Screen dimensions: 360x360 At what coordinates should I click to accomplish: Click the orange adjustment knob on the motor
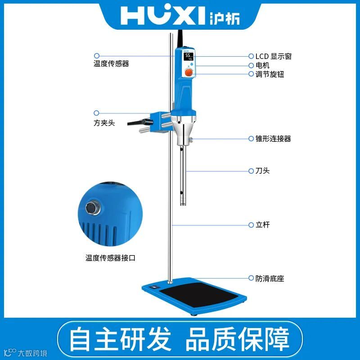[189, 72]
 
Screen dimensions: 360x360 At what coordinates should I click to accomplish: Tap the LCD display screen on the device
[188, 57]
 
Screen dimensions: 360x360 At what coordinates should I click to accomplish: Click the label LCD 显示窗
[274, 56]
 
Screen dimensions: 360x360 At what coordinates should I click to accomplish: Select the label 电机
[262, 65]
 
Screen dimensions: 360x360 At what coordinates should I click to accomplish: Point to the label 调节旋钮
[270, 74]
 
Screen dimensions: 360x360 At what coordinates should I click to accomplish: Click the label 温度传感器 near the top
[111, 63]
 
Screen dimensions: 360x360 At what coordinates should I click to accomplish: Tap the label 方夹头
[104, 123]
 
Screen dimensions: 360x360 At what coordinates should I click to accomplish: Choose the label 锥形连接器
[273, 139]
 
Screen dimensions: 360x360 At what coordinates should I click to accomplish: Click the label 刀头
[262, 171]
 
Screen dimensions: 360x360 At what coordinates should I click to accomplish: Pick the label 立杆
[262, 225]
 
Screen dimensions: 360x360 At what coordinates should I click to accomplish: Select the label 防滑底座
[270, 279]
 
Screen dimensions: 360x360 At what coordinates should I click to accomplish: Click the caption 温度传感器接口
[110, 258]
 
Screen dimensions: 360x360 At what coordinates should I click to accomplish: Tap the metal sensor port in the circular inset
[93, 208]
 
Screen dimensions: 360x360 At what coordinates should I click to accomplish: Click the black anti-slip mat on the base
[199, 295]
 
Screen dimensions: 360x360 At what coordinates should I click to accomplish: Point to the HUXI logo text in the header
[162, 15]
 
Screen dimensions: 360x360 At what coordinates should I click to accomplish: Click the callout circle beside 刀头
[251, 171]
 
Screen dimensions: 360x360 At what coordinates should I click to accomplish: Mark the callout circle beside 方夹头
[96, 113]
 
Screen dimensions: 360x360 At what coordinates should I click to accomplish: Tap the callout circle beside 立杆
[251, 225]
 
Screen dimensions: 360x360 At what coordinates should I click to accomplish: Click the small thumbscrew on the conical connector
[190, 139]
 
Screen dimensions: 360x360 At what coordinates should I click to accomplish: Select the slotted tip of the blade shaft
[183, 202]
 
